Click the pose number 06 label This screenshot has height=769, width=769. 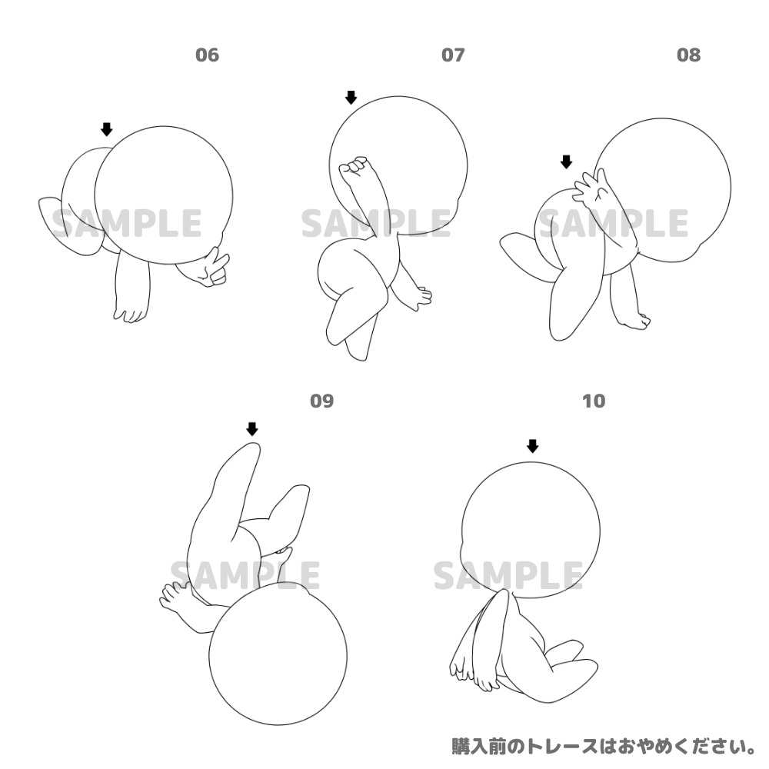tap(207, 55)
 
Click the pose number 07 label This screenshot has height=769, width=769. tap(453, 55)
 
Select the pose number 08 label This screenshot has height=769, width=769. tap(688, 55)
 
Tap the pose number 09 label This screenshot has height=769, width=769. tap(321, 401)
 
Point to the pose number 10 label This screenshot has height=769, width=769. tap(594, 401)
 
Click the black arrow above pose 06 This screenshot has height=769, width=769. tap(107, 128)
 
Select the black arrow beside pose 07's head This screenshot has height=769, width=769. tap(351, 97)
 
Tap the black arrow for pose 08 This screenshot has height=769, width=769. tap(566, 161)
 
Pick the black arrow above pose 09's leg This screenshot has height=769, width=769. tap(251, 428)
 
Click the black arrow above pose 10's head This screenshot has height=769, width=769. tap(532, 446)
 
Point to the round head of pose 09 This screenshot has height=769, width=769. tap(278, 654)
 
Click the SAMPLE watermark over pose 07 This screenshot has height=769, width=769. tap(375, 223)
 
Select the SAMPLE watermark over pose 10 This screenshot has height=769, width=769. tap(508, 575)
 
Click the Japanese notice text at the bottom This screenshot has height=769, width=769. tap(603, 745)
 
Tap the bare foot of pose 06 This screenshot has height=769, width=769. tap(129, 312)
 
